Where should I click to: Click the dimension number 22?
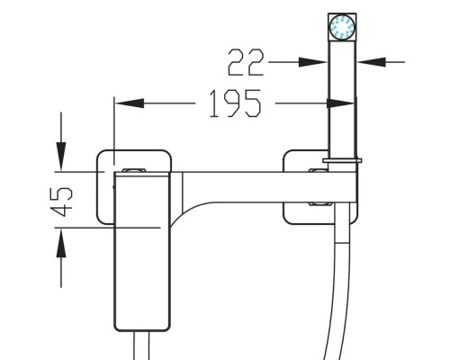246,62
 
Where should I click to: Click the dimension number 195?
235,103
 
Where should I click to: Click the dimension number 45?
61,202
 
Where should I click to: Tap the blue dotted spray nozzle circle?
342,27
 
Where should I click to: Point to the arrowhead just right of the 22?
313,62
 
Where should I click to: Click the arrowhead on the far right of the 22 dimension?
372,62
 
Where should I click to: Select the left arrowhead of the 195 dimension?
130,103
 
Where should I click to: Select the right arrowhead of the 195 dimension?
340,103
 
